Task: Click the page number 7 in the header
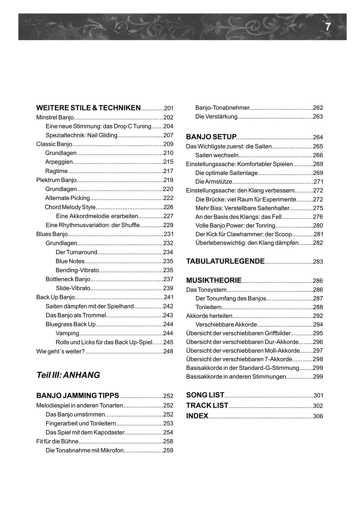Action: tap(327, 27)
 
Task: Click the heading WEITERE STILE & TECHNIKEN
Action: tap(88, 108)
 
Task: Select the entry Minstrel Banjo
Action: tap(55, 118)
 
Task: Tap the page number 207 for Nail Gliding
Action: tap(168, 135)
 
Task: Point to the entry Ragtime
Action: tap(57, 171)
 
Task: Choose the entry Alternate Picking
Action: tap(68, 198)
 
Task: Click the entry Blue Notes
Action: tap(70, 261)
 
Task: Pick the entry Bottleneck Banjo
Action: tap(68, 279)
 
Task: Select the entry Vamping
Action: tap(67, 333)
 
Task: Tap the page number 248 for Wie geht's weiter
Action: tap(168, 352)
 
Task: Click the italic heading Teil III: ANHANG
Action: tap(68, 375)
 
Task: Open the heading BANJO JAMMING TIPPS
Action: tap(78, 396)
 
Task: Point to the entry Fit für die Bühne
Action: tap(57, 441)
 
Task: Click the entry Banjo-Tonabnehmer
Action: tap(223, 108)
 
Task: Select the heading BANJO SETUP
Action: tap(211, 137)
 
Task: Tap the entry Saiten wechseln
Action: tap(217, 155)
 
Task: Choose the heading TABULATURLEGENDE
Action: tap(225, 261)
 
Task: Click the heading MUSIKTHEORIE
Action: tap(214, 280)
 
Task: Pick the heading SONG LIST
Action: tap(205, 395)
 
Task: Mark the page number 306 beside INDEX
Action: tap(318, 416)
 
